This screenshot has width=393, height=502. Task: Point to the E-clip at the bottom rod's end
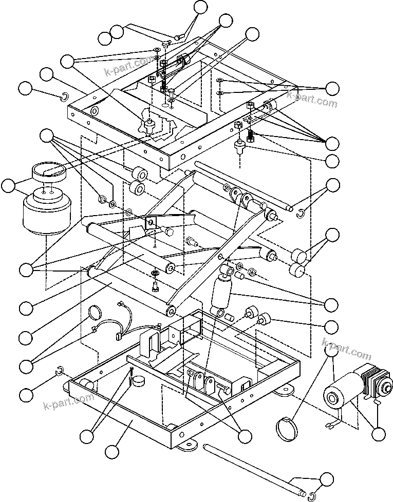coord(311,496)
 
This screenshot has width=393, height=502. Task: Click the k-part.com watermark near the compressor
coord(346,349)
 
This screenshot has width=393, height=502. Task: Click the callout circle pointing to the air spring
coord(8,186)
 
